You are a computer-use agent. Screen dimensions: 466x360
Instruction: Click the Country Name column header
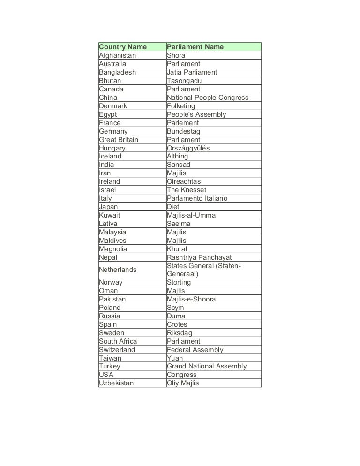(x=123, y=47)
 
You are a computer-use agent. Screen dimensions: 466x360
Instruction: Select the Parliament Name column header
(x=195, y=47)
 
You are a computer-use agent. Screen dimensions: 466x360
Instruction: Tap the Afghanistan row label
(x=117, y=55)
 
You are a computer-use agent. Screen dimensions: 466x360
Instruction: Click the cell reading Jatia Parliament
(x=192, y=72)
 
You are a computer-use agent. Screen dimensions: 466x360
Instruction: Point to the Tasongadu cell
(x=184, y=81)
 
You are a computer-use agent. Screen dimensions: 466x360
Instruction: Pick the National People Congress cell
(x=208, y=98)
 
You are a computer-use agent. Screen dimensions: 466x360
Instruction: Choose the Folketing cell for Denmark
(x=181, y=106)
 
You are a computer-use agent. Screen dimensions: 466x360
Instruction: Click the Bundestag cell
(x=183, y=131)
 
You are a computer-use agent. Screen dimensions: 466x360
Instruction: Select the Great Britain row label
(x=119, y=140)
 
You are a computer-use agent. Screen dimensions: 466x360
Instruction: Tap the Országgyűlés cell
(x=188, y=148)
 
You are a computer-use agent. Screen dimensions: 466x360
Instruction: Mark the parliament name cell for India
(x=179, y=165)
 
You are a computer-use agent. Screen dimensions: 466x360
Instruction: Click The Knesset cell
(x=186, y=190)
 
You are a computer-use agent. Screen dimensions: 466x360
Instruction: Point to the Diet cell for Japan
(x=173, y=207)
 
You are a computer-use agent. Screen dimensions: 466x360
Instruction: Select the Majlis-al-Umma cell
(x=191, y=215)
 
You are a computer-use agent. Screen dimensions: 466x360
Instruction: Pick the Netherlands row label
(x=118, y=270)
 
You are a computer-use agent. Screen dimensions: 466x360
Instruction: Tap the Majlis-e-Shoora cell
(x=191, y=299)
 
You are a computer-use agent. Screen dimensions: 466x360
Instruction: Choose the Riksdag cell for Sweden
(x=180, y=333)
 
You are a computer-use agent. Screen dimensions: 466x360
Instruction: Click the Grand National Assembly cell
(x=207, y=366)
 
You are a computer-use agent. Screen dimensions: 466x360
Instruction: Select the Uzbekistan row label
(x=116, y=383)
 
